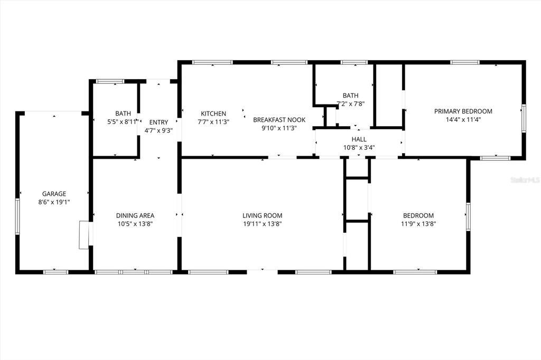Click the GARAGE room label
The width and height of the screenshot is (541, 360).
[x=54, y=194]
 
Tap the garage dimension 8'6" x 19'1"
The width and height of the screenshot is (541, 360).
[x=54, y=202]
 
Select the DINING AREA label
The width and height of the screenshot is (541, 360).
[x=135, y=215]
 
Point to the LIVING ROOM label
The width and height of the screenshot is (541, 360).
[x=262, y=215]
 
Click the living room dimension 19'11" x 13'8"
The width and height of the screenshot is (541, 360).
[x=262, y=224]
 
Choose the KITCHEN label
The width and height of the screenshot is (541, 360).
[x=213, y=113]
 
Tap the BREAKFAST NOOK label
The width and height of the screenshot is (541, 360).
[x=279, y=120]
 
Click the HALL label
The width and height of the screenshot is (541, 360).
[x=359, y=139]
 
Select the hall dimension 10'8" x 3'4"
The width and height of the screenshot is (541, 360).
[x=359, y=148]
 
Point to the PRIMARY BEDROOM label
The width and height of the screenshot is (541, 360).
[x=463, y=111]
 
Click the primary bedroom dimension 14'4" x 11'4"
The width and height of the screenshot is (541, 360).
[x=463, y=120]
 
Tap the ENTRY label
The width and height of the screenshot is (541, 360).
[x=158, y=122]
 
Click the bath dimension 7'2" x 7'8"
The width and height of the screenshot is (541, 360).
[x=350, y=104]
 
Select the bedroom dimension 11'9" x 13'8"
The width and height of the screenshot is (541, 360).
[x=418, y=224]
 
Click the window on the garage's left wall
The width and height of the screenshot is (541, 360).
[x=17, y=216]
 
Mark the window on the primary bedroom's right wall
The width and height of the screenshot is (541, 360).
[x=524, y=117]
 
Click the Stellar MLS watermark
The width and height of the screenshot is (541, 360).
[x=525, y=180]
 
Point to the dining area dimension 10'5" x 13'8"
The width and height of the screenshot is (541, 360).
[x=135, y=224]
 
